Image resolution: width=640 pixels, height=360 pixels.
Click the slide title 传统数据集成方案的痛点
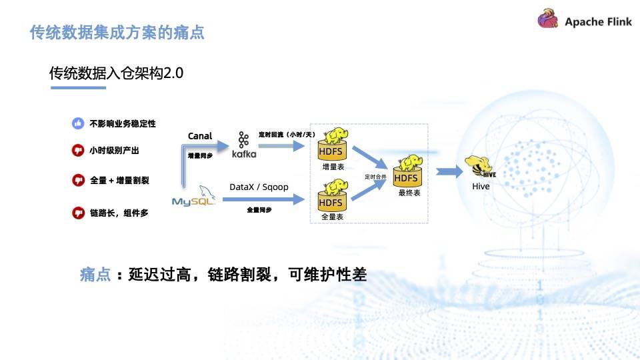click(x=117, y=32)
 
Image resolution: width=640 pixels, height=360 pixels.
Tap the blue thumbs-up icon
click(x=78, y=123)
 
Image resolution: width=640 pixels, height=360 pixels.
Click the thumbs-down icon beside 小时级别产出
click(x=78, y=151)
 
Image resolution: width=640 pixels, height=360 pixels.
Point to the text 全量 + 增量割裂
click(x=121, y=180)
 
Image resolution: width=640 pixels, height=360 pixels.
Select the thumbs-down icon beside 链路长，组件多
click(x=78, y=213)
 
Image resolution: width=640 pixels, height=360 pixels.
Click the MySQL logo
click(x=193, y=198)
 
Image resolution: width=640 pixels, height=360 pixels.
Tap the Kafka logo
click(x=243, y=145)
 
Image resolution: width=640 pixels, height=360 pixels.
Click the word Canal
click(x=200, y=136)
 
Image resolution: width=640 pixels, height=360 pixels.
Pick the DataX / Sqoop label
click(x=259, y=187)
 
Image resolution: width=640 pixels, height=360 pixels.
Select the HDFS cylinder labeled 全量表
click(x=331, y=198)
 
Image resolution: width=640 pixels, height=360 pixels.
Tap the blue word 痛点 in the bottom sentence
click(x=95, y=275)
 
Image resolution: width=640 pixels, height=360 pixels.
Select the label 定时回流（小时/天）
click(x=287, y=135)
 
